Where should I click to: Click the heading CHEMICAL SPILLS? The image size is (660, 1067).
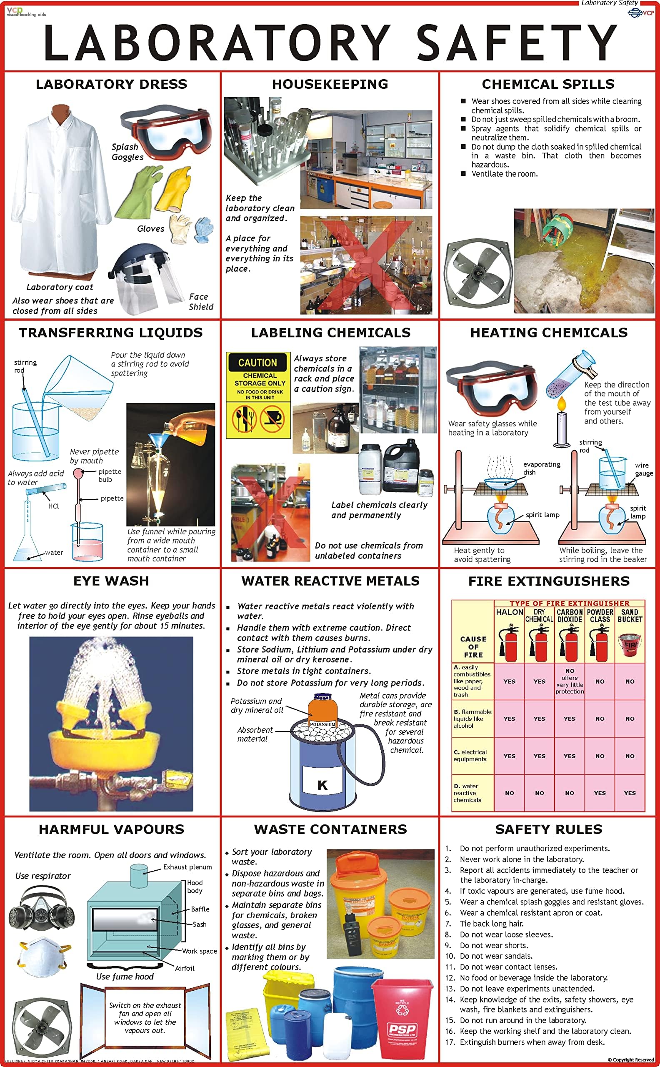[548, 84]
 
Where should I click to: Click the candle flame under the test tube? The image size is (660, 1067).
[561, 404]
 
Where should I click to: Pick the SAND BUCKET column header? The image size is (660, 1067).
[630, 616]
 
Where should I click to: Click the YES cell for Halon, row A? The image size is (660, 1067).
[509, 681]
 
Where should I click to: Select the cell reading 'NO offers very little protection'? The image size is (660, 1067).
[569, 681]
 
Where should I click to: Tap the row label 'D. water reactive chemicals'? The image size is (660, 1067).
[467, 793]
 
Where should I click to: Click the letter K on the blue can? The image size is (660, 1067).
[322, 785]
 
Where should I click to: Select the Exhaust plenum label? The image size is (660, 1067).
[187, 867]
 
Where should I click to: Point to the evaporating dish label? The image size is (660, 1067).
[541, 468]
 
